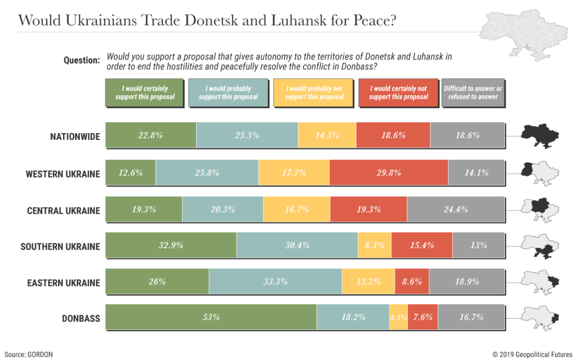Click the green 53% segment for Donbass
pyautogui.click(x=211, y=318)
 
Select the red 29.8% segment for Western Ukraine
pyautogui.click(x=389, y=173)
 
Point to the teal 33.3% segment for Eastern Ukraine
pyautogui.click(x=275, y=281)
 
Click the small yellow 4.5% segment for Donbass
pyautogui.click(x=398, y=318)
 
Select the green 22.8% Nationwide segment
pyautogui.click(x=151, y=136)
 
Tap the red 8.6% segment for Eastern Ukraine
pyautogui.click(x=412, y=281)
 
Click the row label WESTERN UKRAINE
pyautogui.click(x=63, y=174)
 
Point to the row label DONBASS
pyautogui.click(x=81, y=319)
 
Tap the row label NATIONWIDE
pyautogui.click(x=74, y=137)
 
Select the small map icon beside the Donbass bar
pyautogui.click(x=539, y=317)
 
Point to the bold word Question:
pyautogui.click(x=82, y=60)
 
